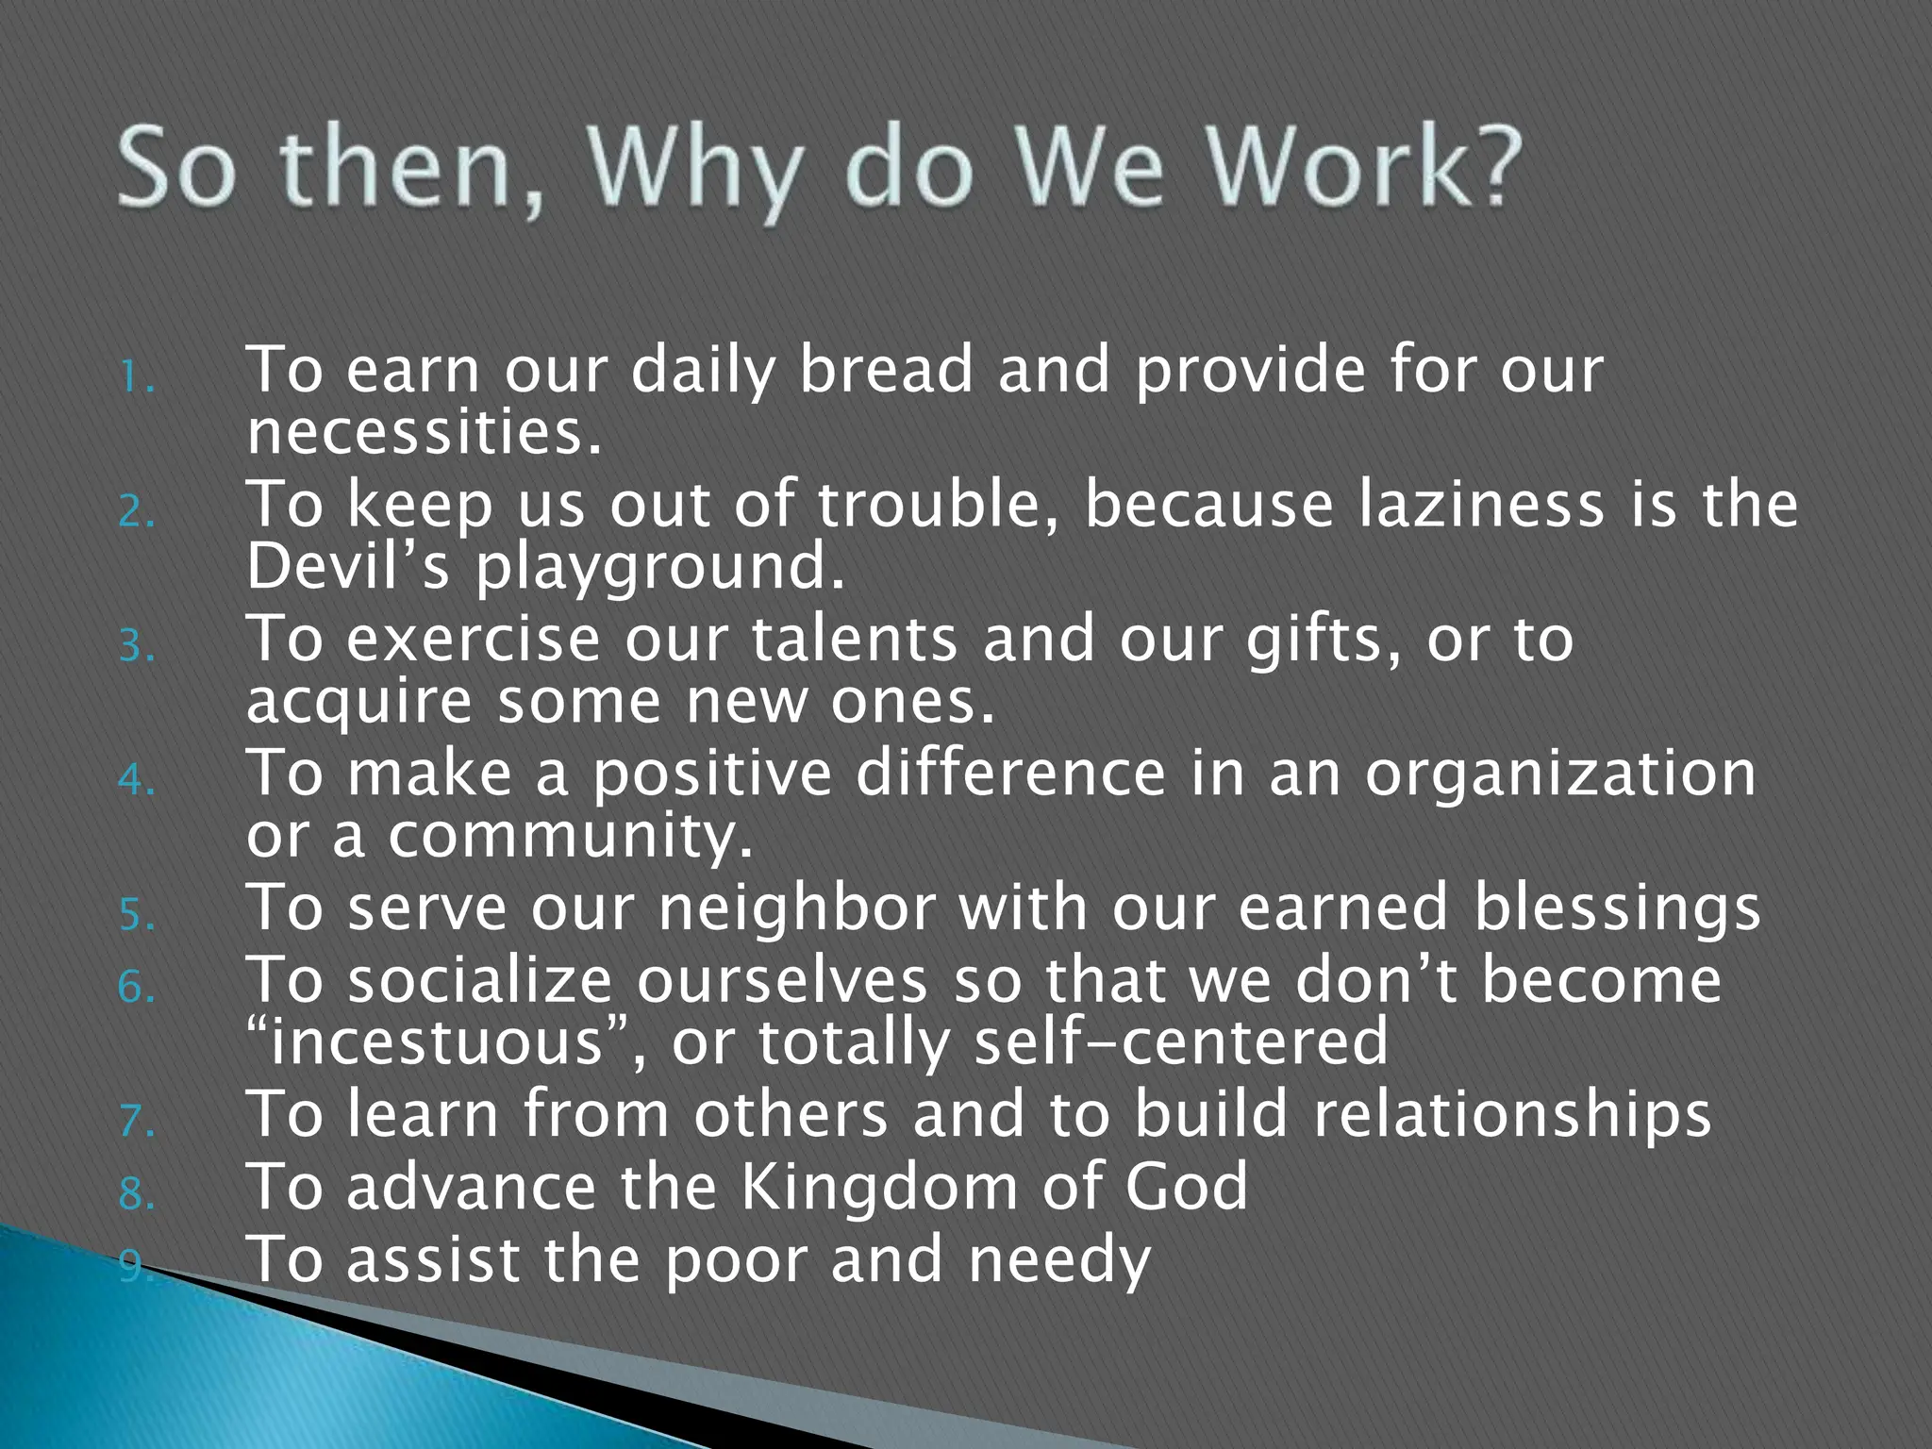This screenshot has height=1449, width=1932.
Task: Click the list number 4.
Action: tap(136, 781)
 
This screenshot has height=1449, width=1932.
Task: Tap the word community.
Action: tap(571, 838)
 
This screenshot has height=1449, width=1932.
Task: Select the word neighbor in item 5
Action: tap(797, 908)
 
